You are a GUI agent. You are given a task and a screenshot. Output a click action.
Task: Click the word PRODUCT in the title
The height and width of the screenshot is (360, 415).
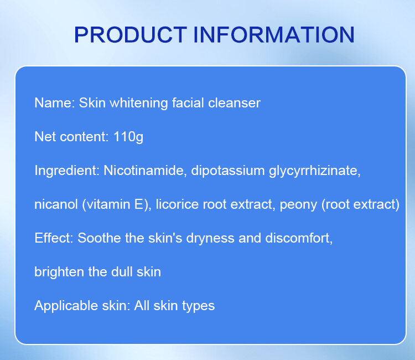point(131,35)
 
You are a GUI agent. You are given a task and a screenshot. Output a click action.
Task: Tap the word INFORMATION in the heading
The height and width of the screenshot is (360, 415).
point(274,35)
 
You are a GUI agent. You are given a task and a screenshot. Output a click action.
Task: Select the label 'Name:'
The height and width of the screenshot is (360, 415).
point(55,103)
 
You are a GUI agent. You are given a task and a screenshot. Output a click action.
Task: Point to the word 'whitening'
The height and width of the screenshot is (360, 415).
point(139,103)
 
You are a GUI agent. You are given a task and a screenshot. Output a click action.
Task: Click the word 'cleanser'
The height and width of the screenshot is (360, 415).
point(234,103)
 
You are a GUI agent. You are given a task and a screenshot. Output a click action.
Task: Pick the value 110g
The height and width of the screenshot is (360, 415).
point(128,137)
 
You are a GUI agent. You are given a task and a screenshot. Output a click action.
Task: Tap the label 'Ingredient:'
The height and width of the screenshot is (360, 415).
point(67,171)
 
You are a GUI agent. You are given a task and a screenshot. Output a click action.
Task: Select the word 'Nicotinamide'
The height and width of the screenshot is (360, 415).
point(145,171)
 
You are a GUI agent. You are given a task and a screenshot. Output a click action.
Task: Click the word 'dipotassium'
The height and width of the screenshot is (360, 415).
point(228,171)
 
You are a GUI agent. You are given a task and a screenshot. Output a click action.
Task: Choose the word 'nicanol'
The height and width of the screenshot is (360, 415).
point(56,204)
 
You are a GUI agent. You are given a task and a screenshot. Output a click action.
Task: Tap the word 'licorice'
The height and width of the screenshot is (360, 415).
point(177,204)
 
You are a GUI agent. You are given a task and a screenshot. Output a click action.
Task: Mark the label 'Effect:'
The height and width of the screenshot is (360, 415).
point(54,238)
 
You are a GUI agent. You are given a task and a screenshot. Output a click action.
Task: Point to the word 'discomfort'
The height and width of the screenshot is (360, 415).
point(299,238)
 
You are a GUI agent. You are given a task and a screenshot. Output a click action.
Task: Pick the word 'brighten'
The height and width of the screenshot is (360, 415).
point(59,272)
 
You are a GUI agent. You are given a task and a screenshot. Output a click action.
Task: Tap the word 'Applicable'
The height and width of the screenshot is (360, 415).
point(66,306)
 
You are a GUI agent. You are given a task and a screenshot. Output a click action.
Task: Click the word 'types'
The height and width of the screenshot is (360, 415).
point(199,306)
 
